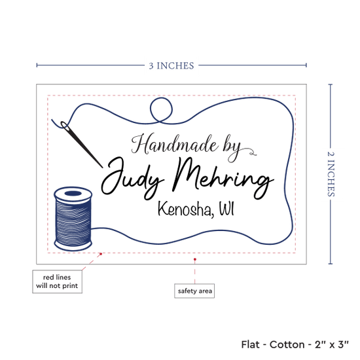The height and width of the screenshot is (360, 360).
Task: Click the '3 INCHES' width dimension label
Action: (171, 66)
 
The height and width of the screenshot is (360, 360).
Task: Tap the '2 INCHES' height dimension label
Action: (331, 174)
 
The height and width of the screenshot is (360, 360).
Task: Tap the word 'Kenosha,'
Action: (185, 209)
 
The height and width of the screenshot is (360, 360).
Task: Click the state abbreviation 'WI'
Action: (226, 208)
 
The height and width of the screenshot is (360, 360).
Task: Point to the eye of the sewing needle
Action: (64, 125)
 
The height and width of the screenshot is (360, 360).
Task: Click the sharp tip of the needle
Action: (102, 168)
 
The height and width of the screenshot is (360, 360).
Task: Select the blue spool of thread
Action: (73, 219)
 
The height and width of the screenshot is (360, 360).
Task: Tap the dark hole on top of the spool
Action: (73, 193)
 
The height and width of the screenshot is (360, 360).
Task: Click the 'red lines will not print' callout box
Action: (57, 281)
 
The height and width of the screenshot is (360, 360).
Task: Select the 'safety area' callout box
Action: (194, 291)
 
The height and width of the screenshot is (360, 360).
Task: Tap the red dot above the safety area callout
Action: (195, 259)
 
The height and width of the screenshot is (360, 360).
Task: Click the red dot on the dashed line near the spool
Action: (101, 254)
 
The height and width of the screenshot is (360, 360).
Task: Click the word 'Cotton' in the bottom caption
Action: (287, 344)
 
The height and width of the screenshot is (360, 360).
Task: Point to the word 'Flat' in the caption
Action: (250, 344)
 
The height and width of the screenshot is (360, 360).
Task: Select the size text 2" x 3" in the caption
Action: (332, 344)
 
